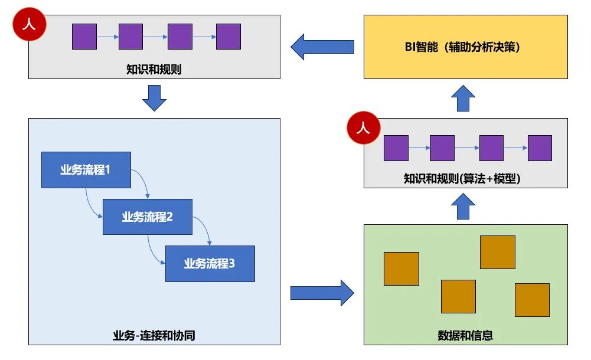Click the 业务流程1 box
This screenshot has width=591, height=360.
tap(86, 170)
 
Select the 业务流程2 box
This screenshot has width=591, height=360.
tap(148, 217)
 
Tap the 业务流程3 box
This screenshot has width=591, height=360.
tap(210, 264)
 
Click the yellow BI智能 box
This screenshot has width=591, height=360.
tap(466, 47)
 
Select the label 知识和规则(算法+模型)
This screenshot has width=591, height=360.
tap(465, 178)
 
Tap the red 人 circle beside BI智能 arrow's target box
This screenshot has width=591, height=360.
tap(28, 25)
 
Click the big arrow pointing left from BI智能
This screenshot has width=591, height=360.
tap(322, 47)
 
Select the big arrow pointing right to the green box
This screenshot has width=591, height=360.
tap(322, 292)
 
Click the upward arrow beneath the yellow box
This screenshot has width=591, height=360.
tap(464, 97)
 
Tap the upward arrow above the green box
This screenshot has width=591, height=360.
tap(464, 206)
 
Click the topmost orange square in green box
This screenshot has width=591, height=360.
tap(497, 252)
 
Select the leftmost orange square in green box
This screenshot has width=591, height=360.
tap(401, 269)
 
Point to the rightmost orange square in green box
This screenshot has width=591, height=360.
tap(532, 300)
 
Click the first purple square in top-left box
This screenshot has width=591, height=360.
tap(84, 37)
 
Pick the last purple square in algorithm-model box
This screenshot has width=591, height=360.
tap(540, 148)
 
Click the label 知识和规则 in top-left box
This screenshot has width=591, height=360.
tap(154, 70)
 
